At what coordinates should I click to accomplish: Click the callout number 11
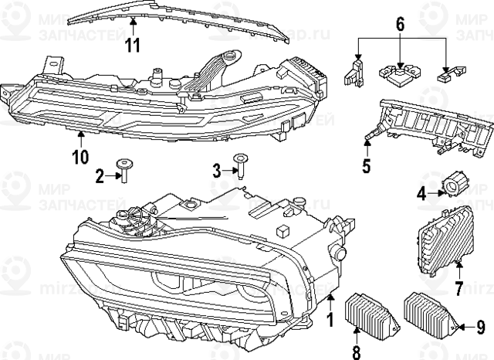click(x=133, y=44)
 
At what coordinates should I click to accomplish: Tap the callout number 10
click(x=80, y=158)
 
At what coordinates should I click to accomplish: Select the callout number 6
click(x=401, y=24)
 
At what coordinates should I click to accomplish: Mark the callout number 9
click(x=479, y=328)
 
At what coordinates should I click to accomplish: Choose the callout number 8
click(x=357, y=352)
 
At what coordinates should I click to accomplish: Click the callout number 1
click(x=331, y=318)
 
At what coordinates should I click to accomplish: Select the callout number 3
click(x=218, y=168)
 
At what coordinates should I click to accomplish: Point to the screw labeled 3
click(x=242, y=166)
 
